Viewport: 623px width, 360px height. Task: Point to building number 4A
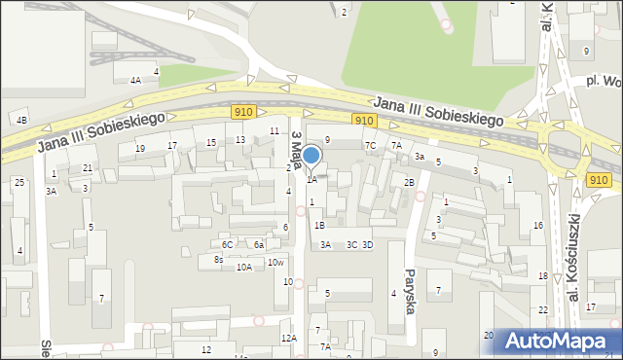pos(135,81)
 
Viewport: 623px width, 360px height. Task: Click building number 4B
pos(21,120)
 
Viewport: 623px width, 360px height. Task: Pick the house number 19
pos(140,149)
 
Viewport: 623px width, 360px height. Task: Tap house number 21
pos(88,168)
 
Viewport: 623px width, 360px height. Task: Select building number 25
pos(18,182)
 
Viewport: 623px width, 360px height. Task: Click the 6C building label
pos(227,244)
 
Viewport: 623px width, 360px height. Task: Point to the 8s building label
pos(219,260)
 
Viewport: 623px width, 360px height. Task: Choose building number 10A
pos(243,267)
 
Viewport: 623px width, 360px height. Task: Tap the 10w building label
pos(276,262)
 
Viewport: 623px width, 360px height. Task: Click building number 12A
pos(288,338)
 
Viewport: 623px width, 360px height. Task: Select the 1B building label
pos(319,225)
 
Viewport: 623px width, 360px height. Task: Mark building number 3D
pos(367,244)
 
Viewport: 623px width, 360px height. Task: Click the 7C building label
pos(371,145)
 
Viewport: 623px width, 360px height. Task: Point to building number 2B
pos(410,182)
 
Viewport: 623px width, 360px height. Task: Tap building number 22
pos(543,309)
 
